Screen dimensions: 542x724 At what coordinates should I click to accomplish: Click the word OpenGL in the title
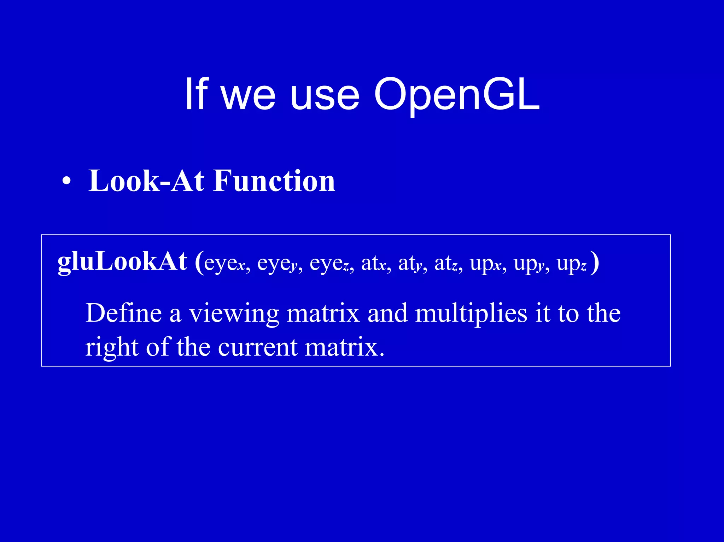[x=457, y=95]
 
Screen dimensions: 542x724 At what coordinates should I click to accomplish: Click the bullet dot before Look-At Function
[x=66, y=181]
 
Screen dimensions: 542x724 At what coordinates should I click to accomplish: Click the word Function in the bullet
[x=274, y=181]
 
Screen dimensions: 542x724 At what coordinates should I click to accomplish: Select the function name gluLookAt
[x=122, y=262]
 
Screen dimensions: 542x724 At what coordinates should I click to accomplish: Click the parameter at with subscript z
[x=446, y=264]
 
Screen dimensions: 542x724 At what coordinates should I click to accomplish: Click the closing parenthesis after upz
[x=595, y=262]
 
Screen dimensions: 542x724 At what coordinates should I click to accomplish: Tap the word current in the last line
[x=258, y=347]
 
